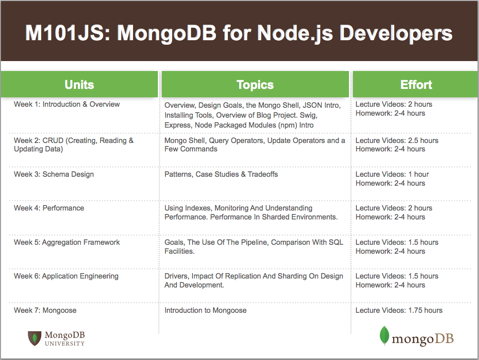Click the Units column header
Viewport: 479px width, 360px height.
pos(79,84)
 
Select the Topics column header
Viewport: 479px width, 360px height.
pos(255,84)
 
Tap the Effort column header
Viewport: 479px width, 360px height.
pos(416,84)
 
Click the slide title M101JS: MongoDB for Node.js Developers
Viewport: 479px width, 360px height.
pos(239,33)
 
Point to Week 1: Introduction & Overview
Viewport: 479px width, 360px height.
pos(67,104)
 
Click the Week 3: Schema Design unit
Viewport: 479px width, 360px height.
pos(54,174)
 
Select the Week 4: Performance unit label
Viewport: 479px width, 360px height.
pos(49,208)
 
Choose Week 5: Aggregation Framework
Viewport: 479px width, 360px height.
pos(67,242)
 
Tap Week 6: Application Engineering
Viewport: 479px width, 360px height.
pos(66,276)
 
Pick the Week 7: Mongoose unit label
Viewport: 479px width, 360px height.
pos(45,310)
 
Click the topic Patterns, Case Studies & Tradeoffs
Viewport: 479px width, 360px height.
pos(221,174)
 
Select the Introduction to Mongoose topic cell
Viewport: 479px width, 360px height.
pos(205,310)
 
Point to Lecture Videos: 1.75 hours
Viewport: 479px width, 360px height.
pos(399,310)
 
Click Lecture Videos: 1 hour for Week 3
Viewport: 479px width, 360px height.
pos(392,174)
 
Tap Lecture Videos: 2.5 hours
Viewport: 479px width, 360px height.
pos(397,141)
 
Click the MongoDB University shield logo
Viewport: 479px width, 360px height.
pos(35,338)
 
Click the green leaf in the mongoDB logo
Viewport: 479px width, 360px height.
pos(384,336)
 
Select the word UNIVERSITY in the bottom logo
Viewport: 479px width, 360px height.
pos(65,344)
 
